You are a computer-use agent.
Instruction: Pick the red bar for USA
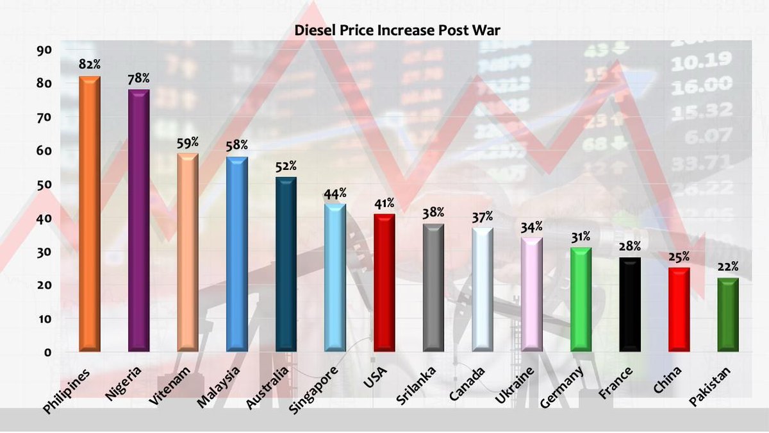coord(384,282)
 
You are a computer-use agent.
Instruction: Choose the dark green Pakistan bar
coord(729,314)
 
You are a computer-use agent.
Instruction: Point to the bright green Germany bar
coord(581,299)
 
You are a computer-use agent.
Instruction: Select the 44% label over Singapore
coord(335,193)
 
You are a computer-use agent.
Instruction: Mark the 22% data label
coord(729,267)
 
